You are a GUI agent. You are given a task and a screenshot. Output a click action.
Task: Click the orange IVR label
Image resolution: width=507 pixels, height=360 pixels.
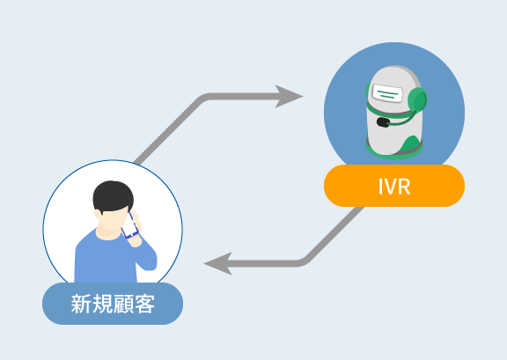(394, 186)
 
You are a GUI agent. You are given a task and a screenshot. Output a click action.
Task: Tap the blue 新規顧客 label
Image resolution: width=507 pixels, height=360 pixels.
(113, 304)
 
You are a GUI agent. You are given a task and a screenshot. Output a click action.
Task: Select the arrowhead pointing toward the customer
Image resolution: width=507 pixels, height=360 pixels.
(218, 263)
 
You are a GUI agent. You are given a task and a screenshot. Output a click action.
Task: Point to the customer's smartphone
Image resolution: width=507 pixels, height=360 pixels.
(129, 225)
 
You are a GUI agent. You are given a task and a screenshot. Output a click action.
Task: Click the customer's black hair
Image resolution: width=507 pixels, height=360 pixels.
(113, 196)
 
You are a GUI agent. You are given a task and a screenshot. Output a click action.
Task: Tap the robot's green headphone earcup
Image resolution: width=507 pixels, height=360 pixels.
(417, 100)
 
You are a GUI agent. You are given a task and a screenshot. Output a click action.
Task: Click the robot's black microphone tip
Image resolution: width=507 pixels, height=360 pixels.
(383, 122)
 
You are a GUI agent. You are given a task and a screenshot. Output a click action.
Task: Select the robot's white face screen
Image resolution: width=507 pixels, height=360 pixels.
(387, 92)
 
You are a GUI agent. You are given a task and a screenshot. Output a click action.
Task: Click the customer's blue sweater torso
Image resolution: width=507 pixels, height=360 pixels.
(107, 259)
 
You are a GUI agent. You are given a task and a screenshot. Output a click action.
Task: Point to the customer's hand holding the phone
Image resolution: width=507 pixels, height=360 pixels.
(136, 228)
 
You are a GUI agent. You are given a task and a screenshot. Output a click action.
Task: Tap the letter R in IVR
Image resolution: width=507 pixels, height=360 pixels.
(404, 187)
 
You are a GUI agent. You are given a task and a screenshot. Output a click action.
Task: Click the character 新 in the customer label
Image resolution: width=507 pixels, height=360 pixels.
(81, 304)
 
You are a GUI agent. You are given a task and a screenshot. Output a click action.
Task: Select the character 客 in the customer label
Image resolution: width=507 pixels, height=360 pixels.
(144, 304)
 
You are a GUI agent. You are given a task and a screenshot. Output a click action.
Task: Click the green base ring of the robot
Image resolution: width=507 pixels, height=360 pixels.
(394, 151)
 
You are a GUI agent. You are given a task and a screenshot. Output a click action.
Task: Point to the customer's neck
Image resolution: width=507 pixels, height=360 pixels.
(108, 232)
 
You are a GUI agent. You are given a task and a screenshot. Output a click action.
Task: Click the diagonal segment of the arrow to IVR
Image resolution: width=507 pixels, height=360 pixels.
(168, 129)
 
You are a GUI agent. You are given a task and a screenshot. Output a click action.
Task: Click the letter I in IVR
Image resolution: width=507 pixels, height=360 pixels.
(380, 187)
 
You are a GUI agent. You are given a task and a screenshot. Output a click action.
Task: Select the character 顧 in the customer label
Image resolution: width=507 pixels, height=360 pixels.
(123, 304)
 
